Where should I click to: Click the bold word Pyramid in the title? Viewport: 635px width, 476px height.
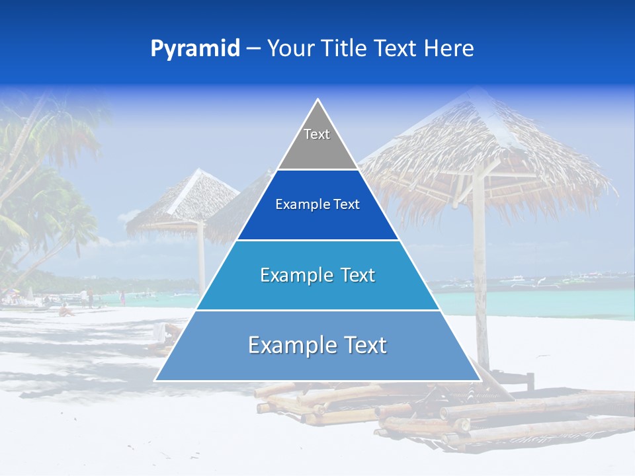pyautogui.click(x=195, y=49)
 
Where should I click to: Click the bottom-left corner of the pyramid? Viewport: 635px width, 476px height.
pyautogui.click(x=156, y=380)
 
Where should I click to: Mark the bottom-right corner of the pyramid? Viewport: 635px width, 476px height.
pyautogui.click(x=480, y=380)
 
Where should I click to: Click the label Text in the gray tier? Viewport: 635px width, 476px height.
pyautogui.click(x=317, y=134)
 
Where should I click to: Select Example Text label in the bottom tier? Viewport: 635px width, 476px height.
pyautogui.click(x=317, y=345)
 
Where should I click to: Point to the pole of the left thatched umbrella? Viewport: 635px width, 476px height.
pyautogui.click(x=201, y=258)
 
